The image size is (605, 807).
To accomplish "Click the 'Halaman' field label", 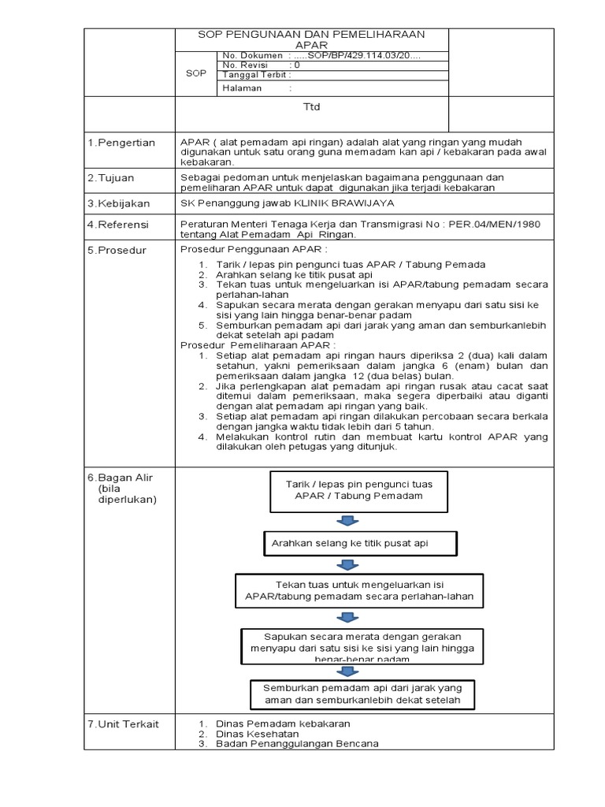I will click(x=243, y=89).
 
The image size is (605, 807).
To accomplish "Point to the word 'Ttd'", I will click(x=312, y=107).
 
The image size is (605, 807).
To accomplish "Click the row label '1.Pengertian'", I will click(x=121, y=143).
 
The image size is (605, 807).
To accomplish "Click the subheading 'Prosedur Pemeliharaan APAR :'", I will click(x=258, y=345).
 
